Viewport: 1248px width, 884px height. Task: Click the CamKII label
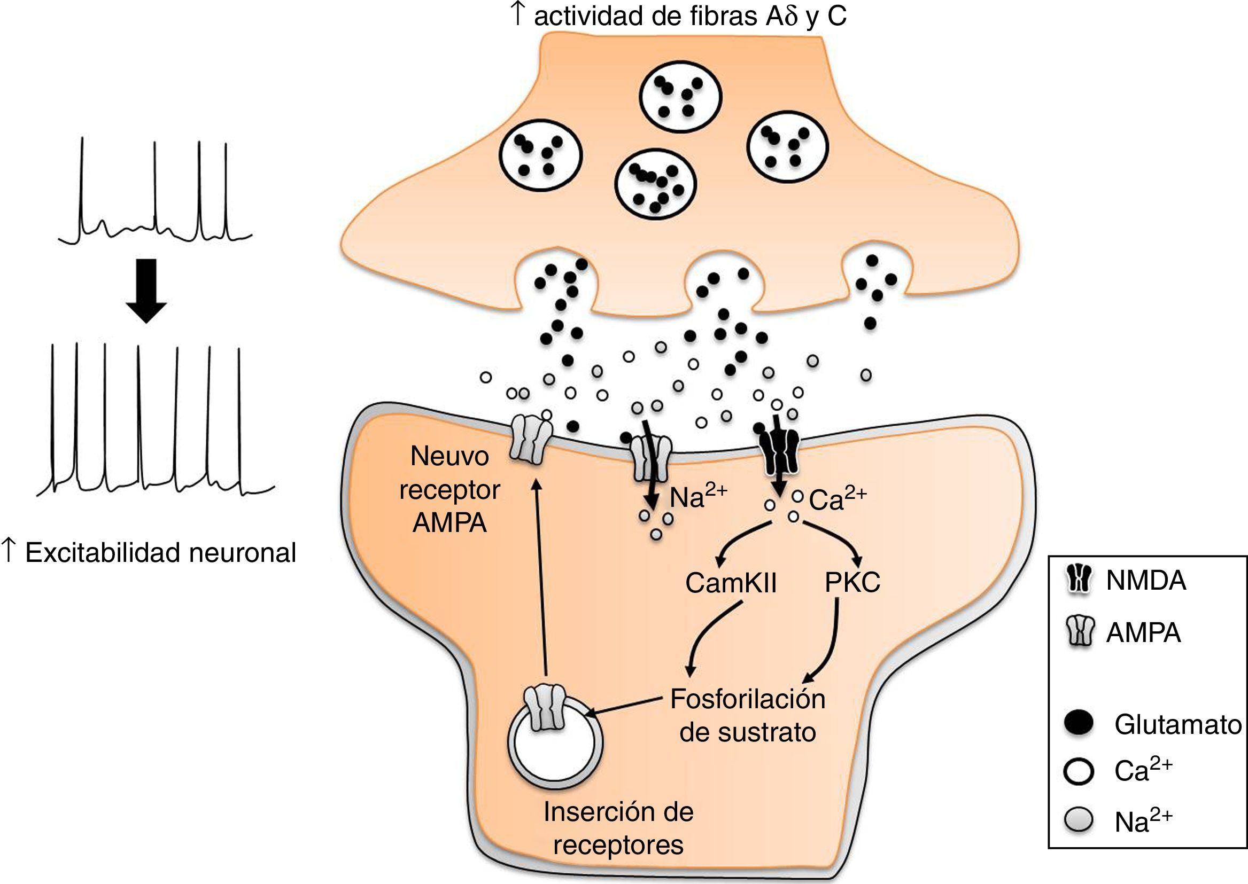731,583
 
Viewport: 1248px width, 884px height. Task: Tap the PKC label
852,583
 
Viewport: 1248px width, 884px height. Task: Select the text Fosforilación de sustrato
748,715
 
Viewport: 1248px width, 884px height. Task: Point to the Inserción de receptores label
618,828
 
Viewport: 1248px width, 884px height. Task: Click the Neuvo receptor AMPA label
449,489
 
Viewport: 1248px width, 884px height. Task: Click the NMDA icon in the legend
1079,581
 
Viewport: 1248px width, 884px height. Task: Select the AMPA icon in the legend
1079,632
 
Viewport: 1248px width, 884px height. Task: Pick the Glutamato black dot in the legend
1079,723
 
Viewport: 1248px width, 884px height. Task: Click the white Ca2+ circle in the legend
1079,771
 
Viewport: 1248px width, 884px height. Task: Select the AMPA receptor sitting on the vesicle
545,708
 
